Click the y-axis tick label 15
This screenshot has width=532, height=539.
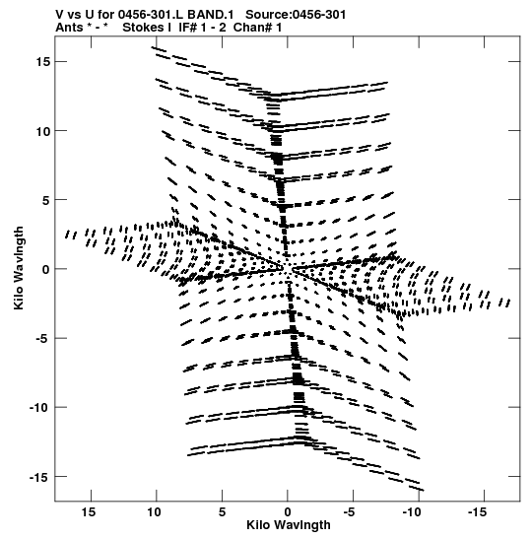(43, 62)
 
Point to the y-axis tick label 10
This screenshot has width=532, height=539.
(43, 131)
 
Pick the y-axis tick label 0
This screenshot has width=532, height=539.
(46, 270)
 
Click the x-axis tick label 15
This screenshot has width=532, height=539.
(89, 512)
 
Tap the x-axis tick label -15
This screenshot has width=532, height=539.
(477, 512)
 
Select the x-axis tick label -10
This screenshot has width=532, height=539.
(412, 512)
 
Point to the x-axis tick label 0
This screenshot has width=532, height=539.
(288, 512)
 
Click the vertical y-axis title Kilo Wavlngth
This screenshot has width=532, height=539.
(19, 268)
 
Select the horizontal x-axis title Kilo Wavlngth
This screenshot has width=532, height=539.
(289, 525)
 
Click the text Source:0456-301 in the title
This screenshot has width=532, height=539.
(296, 15)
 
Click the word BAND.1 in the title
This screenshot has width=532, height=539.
(210, 15)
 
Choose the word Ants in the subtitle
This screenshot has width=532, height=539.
(69, 28)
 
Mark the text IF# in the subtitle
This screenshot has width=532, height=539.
(187, 28)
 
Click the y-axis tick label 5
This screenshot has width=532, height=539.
(46, 200)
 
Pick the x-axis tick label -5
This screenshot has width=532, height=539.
(349, 512)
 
